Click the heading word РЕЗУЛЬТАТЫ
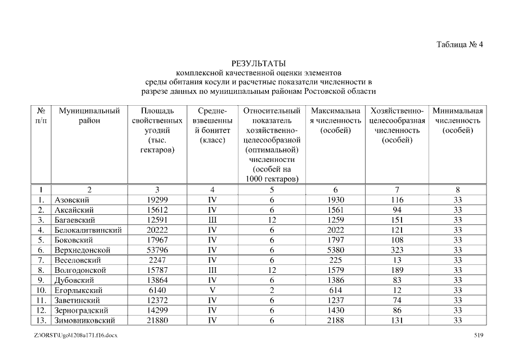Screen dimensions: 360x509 coord(259,62)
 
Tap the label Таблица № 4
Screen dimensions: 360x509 coord(460,44)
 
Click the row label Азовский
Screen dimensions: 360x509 coord(72,200)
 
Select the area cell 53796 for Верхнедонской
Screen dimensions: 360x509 coord(157,250)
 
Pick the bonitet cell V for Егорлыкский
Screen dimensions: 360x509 coord(212,290)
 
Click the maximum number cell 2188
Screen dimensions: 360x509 coord(335,321)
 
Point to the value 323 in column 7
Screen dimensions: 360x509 coord(397,250)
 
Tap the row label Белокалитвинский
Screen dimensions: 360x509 coord(88,230)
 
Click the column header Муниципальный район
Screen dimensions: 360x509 coord(89,116)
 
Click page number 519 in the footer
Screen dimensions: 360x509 coord(479,336)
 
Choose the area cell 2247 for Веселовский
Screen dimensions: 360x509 coord(157,260)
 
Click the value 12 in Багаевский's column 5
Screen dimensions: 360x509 coord(272,220)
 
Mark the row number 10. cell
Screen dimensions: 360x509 coord(41,290)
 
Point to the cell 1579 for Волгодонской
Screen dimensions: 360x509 coord(335,270)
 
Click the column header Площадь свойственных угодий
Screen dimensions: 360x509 coord(157,125)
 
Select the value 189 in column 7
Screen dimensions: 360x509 coord(397,270)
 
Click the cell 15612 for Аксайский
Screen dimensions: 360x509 coord(157,210)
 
